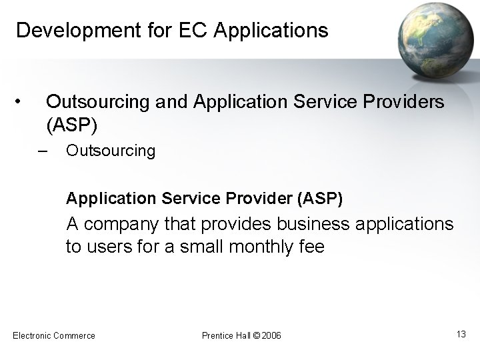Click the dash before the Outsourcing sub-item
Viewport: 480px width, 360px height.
coord(43,149)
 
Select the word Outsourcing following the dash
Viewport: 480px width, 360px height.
coord(111,151)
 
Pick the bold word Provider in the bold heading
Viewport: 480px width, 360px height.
coord(258,198)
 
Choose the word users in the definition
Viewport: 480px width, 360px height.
coord(105,247)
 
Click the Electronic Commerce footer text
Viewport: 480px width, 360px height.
coord(54,335)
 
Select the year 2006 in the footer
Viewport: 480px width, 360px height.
coord(273,335)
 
